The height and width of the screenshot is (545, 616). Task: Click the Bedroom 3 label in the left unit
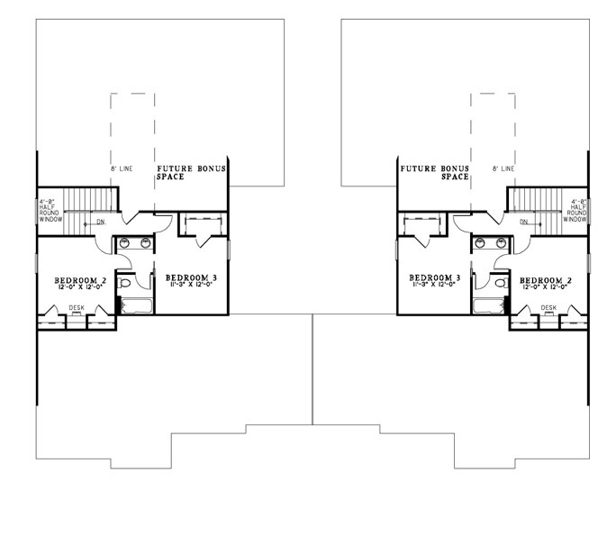192,277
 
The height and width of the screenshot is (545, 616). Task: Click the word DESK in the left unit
77,308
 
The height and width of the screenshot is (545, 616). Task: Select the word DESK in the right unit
549,308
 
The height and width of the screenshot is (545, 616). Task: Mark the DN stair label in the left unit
101,221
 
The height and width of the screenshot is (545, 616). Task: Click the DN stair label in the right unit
523,221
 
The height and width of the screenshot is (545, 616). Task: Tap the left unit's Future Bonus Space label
191,173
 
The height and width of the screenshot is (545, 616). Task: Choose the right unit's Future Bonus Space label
436,173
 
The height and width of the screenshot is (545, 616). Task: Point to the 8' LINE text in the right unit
504,168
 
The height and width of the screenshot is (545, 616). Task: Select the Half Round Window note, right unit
577,211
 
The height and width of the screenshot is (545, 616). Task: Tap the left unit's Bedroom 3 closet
204,224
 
